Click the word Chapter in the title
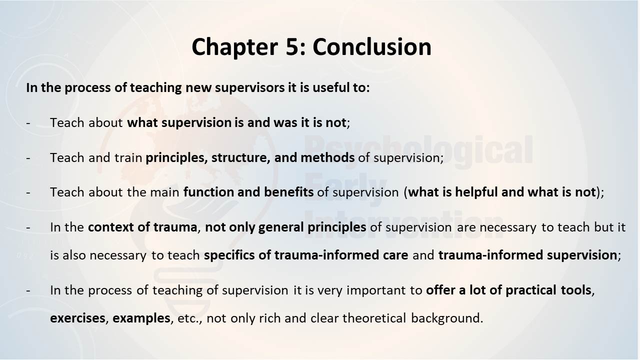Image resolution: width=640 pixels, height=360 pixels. [234, 47]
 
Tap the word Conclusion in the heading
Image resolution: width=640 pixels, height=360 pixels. [371, 46]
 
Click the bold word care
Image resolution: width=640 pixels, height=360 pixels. [395, 255]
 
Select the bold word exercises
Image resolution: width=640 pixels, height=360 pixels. [77, 318]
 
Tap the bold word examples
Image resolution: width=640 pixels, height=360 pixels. [141, 318]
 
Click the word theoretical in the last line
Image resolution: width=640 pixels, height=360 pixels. [374, 318]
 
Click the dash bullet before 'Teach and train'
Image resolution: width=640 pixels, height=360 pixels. [28, 158]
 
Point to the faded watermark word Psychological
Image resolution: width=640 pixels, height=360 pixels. [418, 149]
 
